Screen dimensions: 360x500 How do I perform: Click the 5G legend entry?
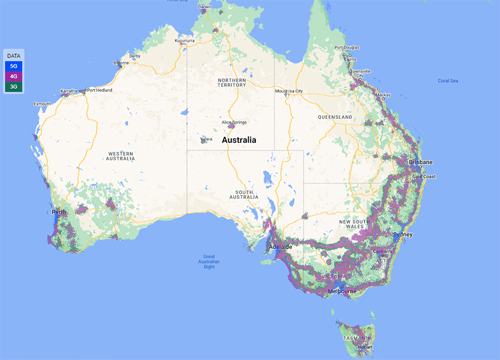tap(13, 66)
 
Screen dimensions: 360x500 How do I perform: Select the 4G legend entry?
tap(13, 76)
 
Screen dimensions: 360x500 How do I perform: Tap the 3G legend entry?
tap(13, 86)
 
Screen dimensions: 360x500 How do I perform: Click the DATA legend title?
tap(13, 56)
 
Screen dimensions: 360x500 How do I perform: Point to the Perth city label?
tap(59, 212)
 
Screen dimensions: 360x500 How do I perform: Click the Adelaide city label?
tap(280, 247)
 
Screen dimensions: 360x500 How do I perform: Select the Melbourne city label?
tap(342, 292)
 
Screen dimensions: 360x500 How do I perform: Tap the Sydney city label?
tap(403, 235)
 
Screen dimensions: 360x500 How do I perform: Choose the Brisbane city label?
tap(421, 162)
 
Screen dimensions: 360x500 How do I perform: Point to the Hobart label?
tap(365, 347)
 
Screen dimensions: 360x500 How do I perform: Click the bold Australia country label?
tap(239, 140)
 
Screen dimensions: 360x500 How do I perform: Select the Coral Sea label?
tap(448, 81)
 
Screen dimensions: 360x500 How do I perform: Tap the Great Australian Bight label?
tap(209, 262)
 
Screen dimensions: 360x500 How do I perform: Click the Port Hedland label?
tap(100, 91)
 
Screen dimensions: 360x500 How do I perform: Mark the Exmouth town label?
tap(42, 104)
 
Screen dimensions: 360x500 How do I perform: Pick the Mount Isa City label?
tap(289, 91)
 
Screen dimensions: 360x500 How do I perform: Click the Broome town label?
tap(121, 62)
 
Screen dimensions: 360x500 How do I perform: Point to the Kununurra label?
tap(185, 41)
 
